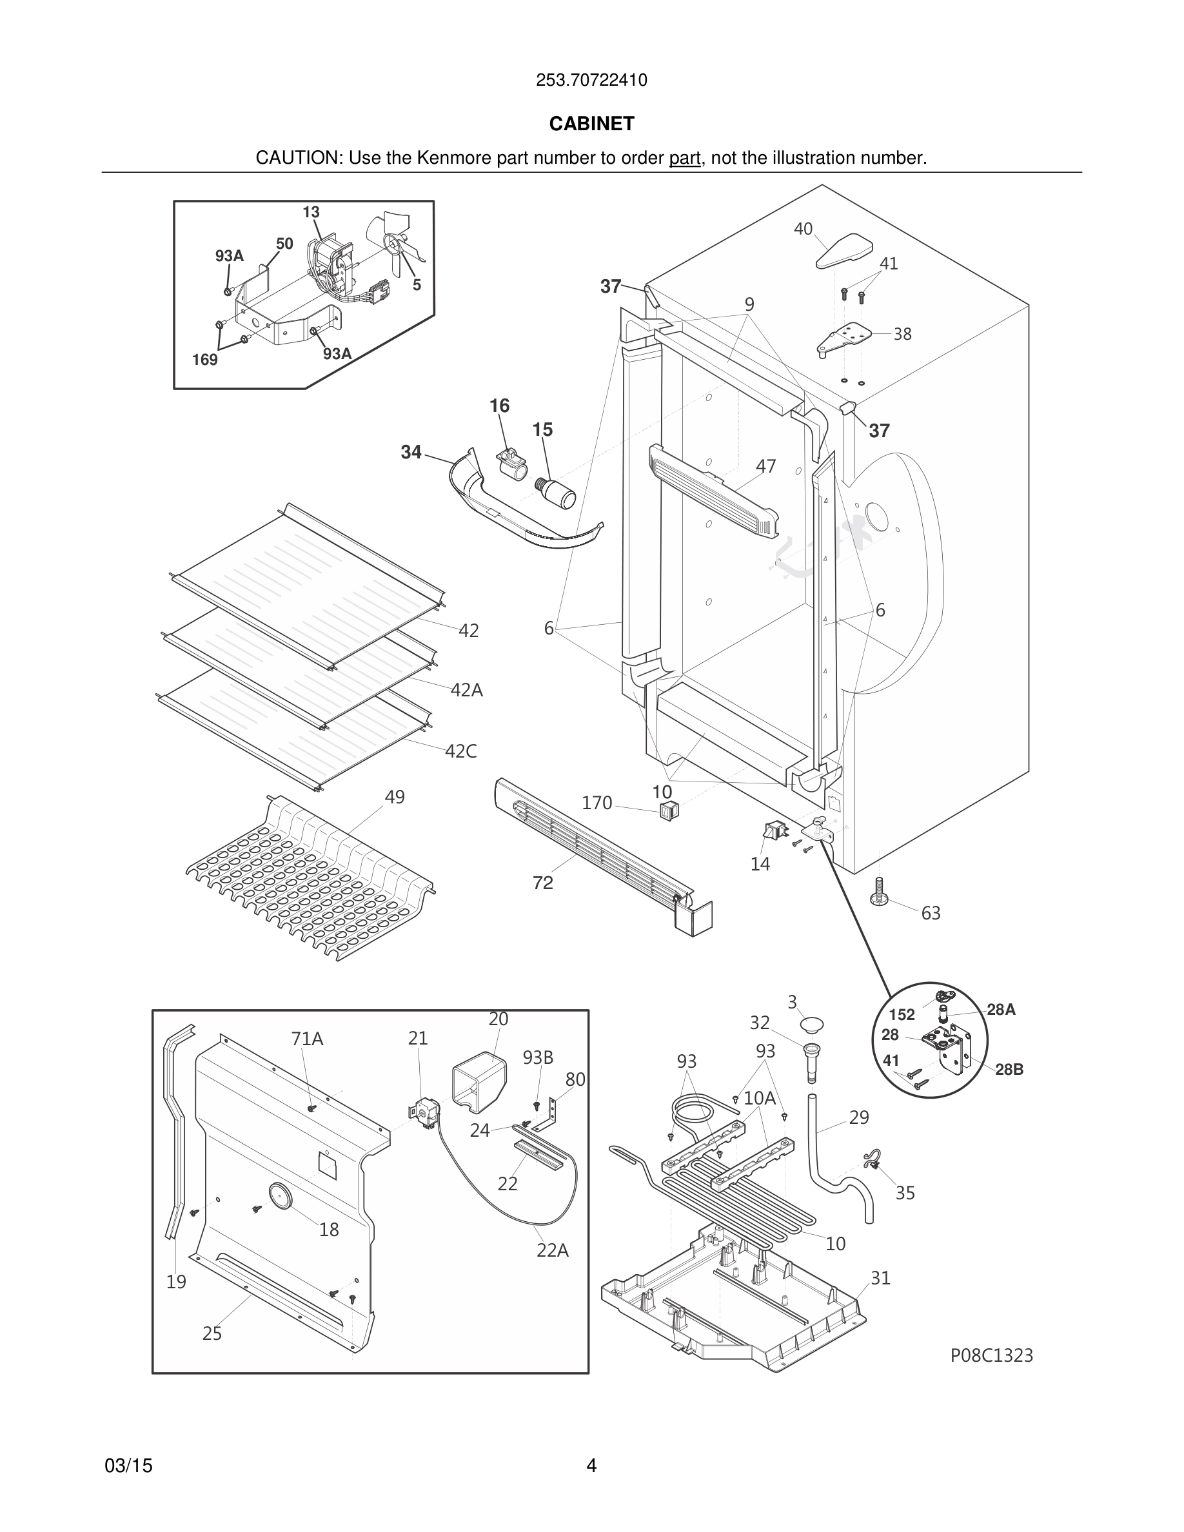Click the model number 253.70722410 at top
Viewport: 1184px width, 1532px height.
click(591, 81)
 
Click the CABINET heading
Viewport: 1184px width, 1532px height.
click(591, 124)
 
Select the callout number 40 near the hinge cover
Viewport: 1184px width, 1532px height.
click(803, 230)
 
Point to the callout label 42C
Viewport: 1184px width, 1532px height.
click(461, 751)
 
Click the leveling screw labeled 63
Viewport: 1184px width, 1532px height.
click(878, 892)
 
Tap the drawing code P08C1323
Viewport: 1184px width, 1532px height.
click(991, 1355)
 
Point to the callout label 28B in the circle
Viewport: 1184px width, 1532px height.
click(1009, 1070)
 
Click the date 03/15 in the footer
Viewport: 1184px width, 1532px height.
click(128, 1466)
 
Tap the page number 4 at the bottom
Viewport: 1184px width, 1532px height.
click(591, 1466)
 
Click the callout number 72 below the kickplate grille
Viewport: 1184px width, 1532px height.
click(543, 883)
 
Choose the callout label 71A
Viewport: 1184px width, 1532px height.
click(307, 1039)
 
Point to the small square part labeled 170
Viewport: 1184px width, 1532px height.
click(669, 812)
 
